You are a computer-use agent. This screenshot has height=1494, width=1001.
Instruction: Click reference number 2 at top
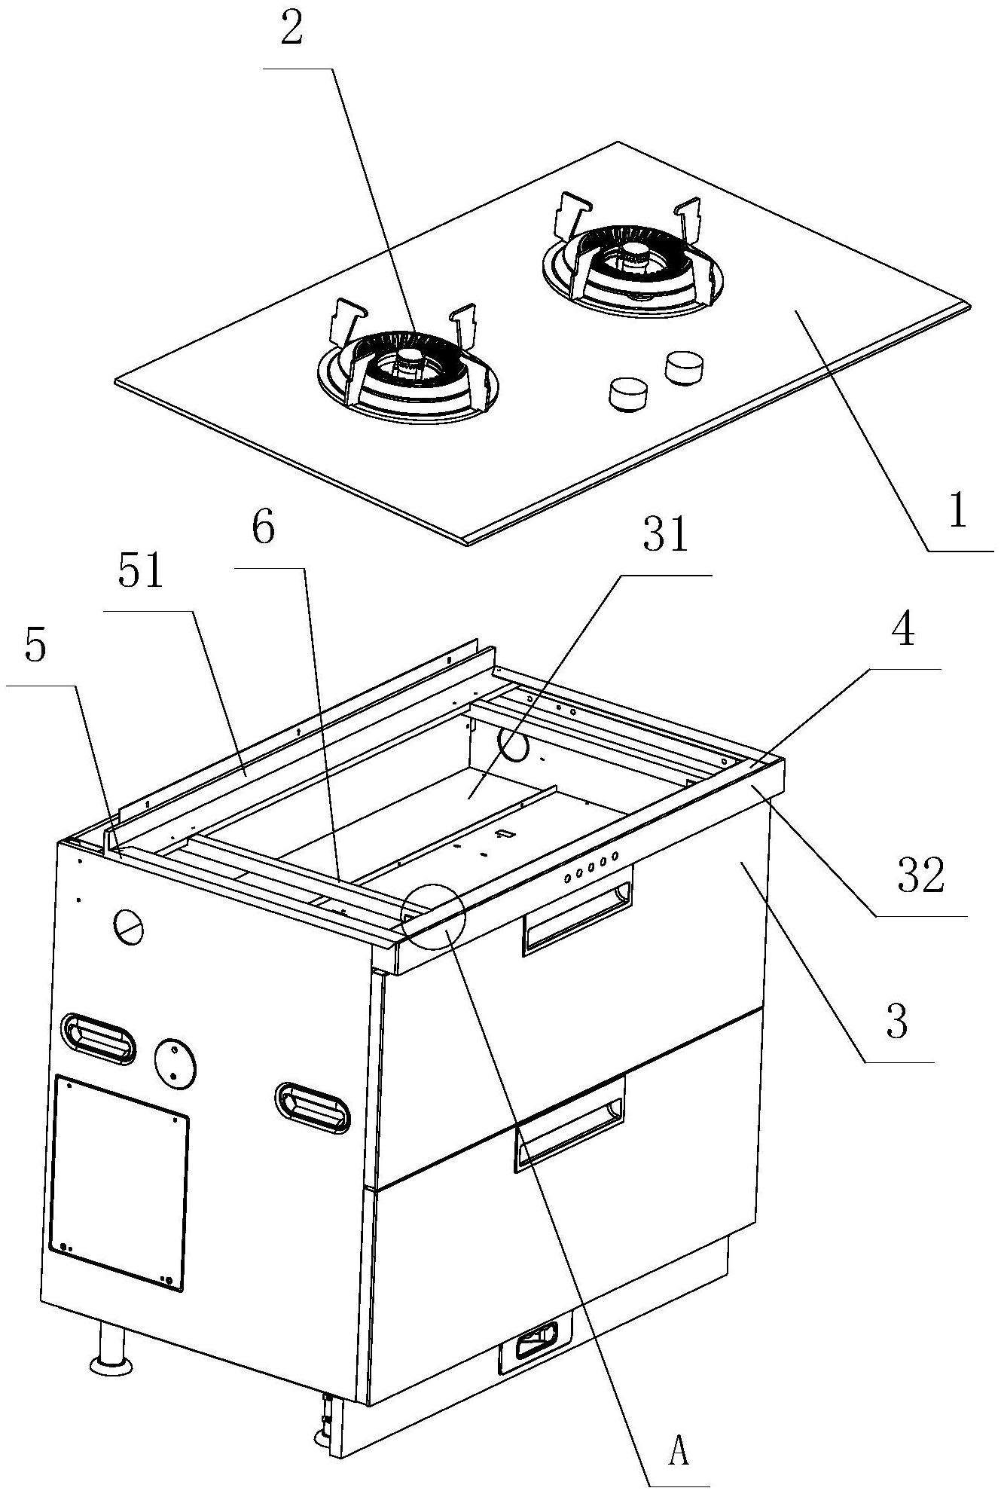(291, 32)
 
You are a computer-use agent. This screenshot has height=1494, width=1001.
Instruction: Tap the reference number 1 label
(957, 512)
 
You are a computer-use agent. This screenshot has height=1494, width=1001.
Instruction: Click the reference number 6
(263, 530)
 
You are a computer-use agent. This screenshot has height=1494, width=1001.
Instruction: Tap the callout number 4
(903, 631)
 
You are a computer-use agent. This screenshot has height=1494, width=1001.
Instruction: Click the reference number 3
(896, 1024)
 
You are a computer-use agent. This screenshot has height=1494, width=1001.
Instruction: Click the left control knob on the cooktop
(629, 394)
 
